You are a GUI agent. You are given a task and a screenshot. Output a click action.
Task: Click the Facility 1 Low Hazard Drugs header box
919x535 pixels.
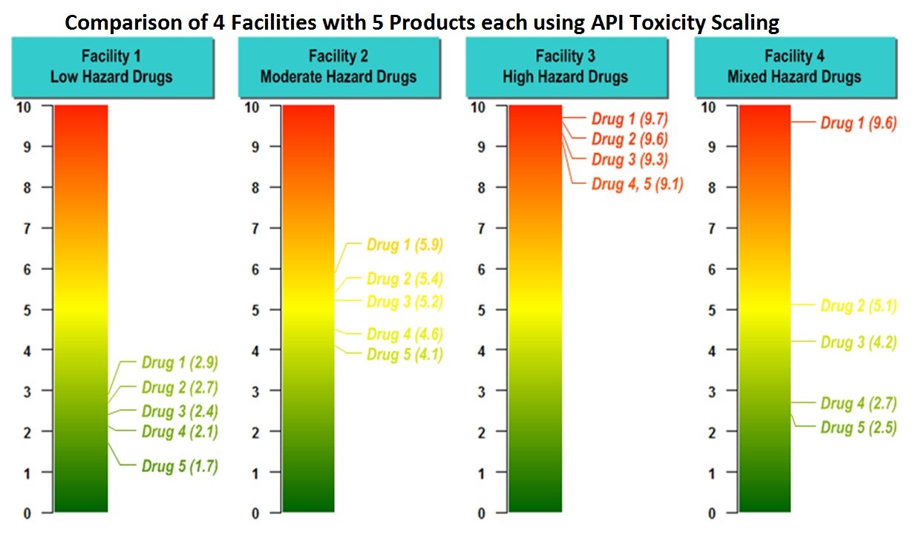point(111,67)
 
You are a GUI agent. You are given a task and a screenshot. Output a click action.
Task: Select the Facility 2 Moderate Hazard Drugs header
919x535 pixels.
point(339,67)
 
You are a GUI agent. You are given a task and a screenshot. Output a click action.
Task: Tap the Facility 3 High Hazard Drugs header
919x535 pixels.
point(566,67)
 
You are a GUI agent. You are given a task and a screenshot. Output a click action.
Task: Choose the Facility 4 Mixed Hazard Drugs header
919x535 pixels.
point(794,67)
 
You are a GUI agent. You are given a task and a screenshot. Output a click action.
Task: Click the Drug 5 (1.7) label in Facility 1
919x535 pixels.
point(180,466)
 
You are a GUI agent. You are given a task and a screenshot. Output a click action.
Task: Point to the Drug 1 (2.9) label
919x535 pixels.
point(180,363)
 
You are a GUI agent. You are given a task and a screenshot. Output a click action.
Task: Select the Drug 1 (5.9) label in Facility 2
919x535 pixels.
point(405,246)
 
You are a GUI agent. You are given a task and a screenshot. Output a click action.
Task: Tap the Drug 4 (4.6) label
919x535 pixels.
point(405,334)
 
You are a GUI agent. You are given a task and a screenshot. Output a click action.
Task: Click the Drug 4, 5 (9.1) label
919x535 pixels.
point(637,184)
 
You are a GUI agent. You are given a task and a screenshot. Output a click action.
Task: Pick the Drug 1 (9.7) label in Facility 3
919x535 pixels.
point(629,119)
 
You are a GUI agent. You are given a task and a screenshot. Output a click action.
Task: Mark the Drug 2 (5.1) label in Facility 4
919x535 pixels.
point(858,305)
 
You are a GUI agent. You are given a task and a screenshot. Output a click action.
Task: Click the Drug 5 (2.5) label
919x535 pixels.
point(858,427)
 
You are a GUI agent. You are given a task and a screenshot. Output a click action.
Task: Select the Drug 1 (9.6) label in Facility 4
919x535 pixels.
point(858,123)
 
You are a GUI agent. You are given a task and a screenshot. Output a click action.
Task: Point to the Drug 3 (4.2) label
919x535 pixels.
point(858,342)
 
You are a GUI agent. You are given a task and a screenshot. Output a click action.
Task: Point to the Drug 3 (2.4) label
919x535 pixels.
point(180,411)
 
